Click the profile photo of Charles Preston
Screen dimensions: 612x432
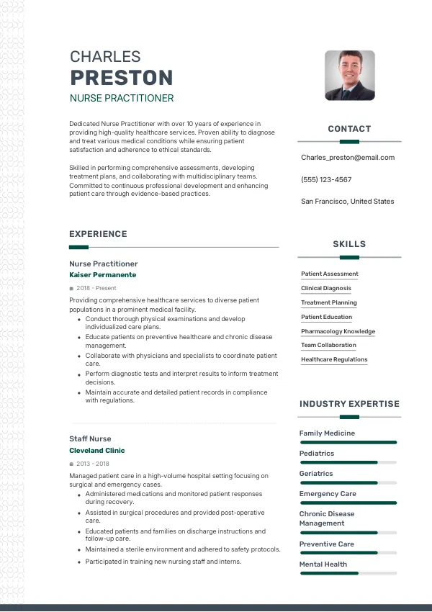(x=350, y=75)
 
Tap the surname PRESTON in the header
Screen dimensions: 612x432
(x=121, y=78)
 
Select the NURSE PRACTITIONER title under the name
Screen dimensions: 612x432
(x=121, y=98)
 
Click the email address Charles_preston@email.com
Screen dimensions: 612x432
(x=348, y=158)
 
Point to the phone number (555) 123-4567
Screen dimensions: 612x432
(x=326, y=180)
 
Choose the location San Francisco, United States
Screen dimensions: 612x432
(x=348, y=202)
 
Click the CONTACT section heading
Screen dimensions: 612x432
(x=349, y=129)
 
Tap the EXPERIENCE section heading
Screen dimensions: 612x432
(x=98, y=234)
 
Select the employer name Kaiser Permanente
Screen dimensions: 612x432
(x=102, y=275)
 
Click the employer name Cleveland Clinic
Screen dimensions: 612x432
(x=97, y=451)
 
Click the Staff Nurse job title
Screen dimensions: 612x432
(x=90, y=438)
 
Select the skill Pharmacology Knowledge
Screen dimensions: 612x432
(x=338, y=331)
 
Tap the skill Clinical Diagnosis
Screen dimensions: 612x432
(x=326, y=288)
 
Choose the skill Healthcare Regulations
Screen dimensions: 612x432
(x=334, y=359)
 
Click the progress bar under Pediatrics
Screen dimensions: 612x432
(x=348, y=462)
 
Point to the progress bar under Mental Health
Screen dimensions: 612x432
(x=348, y=573)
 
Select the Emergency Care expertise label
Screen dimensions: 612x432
(x=328, y=494)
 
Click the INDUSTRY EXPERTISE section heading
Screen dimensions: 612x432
(x=349, y=404)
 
